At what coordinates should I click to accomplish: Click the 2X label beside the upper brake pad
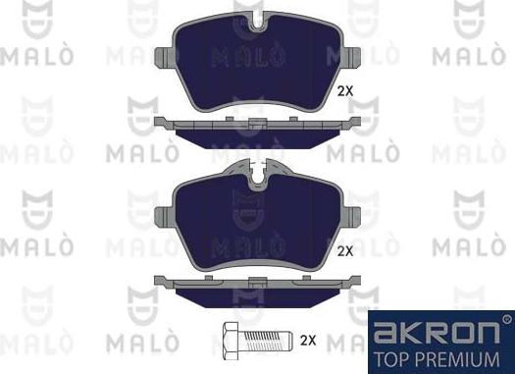coord(344,90)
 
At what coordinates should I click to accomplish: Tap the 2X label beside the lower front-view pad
coord(344,251)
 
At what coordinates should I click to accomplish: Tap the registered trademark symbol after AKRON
coord(506,319)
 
